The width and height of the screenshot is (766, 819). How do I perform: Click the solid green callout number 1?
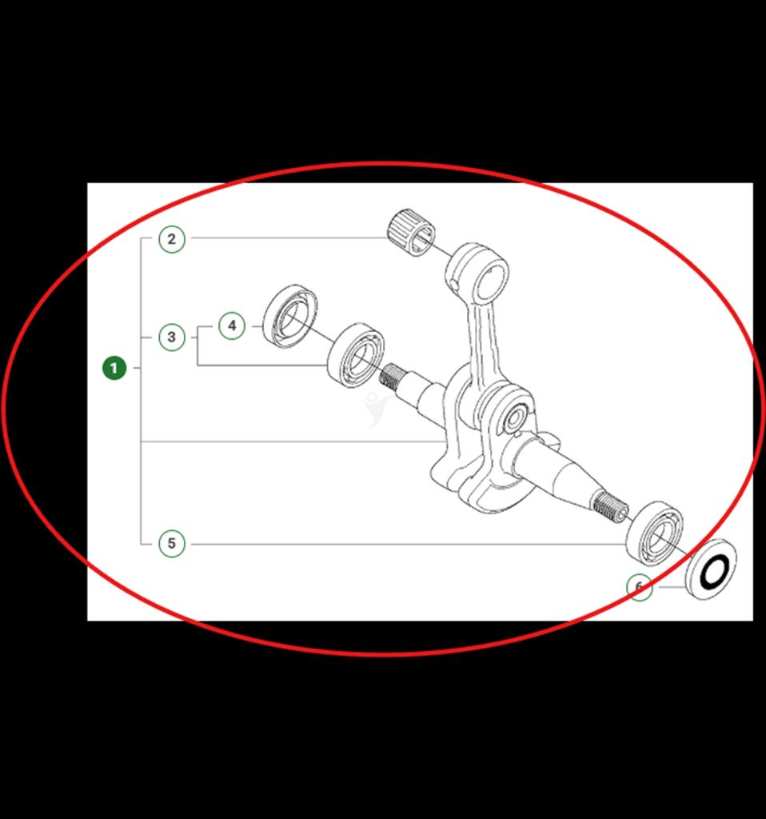point(114,368)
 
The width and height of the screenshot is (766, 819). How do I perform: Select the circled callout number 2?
point(172,239)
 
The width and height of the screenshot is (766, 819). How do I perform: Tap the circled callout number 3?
point(172,338)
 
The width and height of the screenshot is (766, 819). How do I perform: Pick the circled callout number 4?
point(232,326)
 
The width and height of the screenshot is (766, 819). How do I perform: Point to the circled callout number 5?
point(172,544)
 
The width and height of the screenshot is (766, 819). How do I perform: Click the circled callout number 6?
point(640,587)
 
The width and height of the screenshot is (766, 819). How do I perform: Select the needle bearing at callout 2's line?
point(412,232)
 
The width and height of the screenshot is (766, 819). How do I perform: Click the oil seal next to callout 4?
point(290,316)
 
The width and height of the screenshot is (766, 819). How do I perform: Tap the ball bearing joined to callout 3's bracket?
point(356,355)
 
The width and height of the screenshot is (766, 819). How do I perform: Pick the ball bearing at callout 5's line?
point(654,533)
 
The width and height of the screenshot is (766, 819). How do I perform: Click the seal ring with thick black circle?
point(711,569)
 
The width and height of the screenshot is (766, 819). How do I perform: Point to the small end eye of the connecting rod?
point(477,271)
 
